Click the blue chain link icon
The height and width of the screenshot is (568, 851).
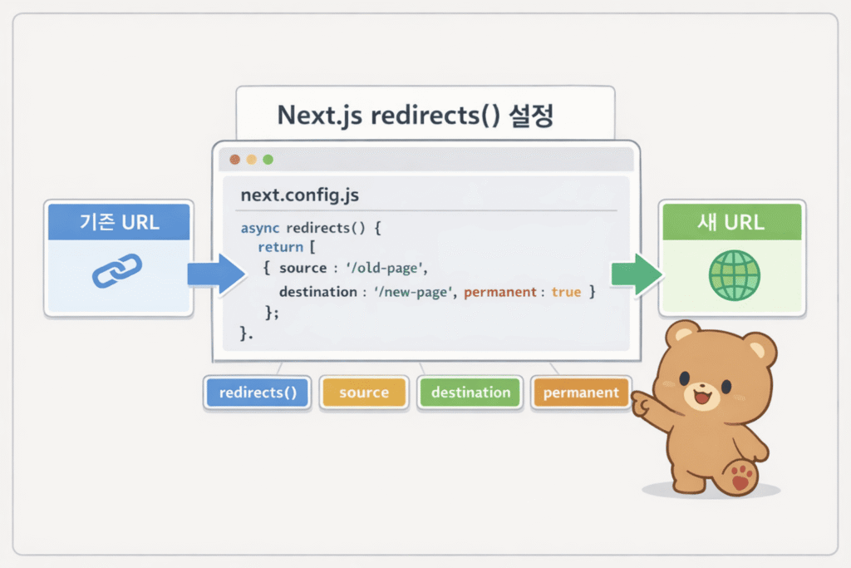[x=117, y=270]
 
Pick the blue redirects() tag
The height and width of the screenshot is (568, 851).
[x=257, y=393]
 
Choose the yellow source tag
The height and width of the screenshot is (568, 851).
[x=364, y=393]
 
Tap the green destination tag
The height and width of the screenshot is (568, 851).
[x=470, y=393]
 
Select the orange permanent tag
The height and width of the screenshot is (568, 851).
[x=581, y=393]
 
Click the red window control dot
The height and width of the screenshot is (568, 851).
[x=235, y=160]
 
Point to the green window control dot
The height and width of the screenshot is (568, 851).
[x=268, y=160]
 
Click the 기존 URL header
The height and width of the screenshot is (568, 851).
[x=119, y=222]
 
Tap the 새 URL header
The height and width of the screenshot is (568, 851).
[x=732, y=222]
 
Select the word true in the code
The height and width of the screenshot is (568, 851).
[x=566, y=292]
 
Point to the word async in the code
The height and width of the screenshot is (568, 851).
[x=259, y=227]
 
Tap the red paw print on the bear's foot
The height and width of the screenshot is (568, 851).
[x=742, y=477]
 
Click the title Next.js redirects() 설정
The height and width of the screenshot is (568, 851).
[x=416, y=115]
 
